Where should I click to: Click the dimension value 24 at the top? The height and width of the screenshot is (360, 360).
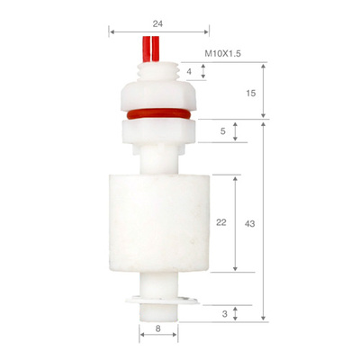[x=157, y=23]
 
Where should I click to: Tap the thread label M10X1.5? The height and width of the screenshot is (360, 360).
[x=222, y=54]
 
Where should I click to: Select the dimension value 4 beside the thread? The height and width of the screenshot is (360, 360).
[x=189, y=72]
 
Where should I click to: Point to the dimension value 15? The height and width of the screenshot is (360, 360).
[x=251, y=94]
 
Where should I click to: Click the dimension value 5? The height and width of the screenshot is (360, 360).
[x=222, y=131]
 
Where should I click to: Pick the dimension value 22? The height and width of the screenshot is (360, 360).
[x=221, y=222]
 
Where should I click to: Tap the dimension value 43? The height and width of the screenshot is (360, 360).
[x=249, y=224]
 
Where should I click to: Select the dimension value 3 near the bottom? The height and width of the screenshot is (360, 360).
[x=225, y=314]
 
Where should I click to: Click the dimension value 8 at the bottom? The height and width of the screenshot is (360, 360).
[x=158, y=328]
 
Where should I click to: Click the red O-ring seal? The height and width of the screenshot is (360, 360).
[x=158, y=114]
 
